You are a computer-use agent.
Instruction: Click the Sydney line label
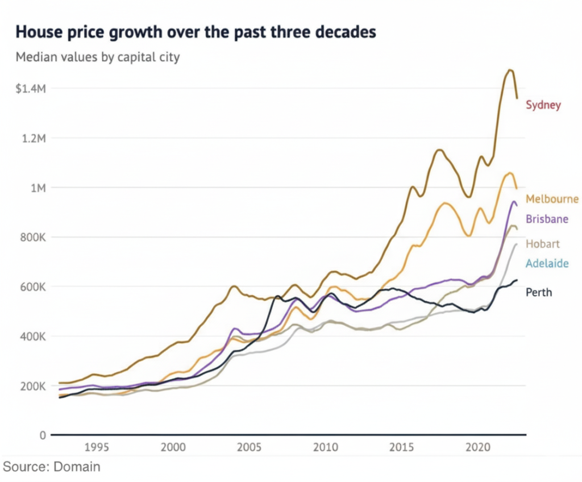543,105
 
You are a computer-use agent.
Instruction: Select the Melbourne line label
552,199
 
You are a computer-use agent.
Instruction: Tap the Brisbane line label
547,219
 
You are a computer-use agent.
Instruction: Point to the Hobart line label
542,244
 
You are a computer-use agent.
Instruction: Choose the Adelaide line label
547,264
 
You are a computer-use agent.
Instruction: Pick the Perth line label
539,293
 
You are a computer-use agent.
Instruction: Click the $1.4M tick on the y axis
31,89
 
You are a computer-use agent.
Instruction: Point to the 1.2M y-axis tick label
34,139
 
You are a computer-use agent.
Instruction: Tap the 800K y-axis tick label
33,237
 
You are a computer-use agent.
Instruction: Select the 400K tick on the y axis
33,337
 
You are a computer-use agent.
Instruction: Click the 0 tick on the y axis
43,435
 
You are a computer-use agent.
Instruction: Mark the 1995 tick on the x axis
97,447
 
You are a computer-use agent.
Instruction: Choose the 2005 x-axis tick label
249,447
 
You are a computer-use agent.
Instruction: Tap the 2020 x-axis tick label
478,447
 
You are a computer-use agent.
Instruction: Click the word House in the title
39,32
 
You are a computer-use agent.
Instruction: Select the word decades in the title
346,32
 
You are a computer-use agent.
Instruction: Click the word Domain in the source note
77,467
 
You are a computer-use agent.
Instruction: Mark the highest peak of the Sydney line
510,70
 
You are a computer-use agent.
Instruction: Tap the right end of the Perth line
517,280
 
